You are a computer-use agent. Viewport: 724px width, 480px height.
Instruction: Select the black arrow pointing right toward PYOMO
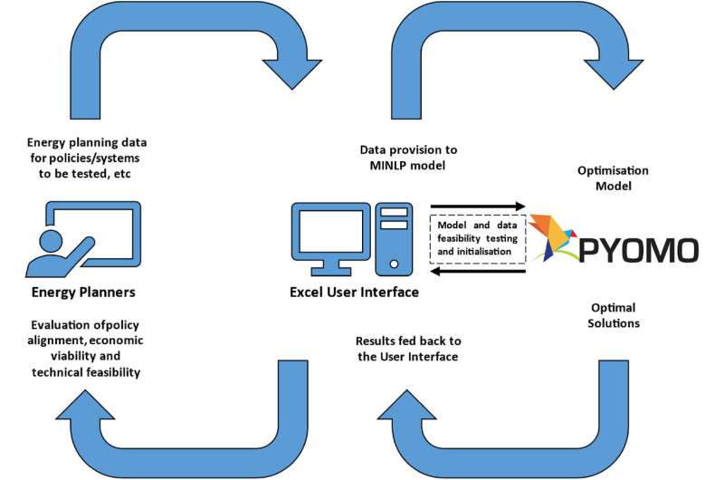pyautogui.click(x=478, y=206)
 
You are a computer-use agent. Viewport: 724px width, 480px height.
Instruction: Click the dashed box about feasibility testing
pyautogui.click(x=478, y=237)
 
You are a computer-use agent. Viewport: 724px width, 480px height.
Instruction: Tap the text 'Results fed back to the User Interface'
pyautogui.click(x=409, y=349)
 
